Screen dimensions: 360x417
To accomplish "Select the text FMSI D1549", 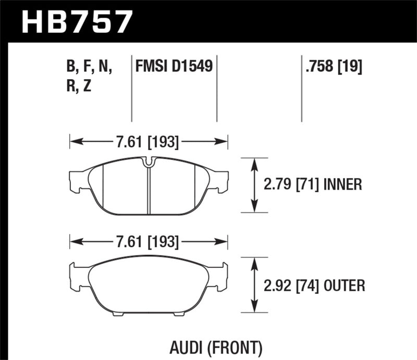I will tap(174, 67).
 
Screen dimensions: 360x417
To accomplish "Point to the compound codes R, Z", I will tap(80, 86).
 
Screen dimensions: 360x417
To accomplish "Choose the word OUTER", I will tap(344, 285).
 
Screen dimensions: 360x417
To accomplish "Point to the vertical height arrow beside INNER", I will tap(254, 185).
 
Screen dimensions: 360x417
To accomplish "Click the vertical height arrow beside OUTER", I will tap(254, 285).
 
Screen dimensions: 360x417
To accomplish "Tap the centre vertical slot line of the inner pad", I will tap(149, 190).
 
